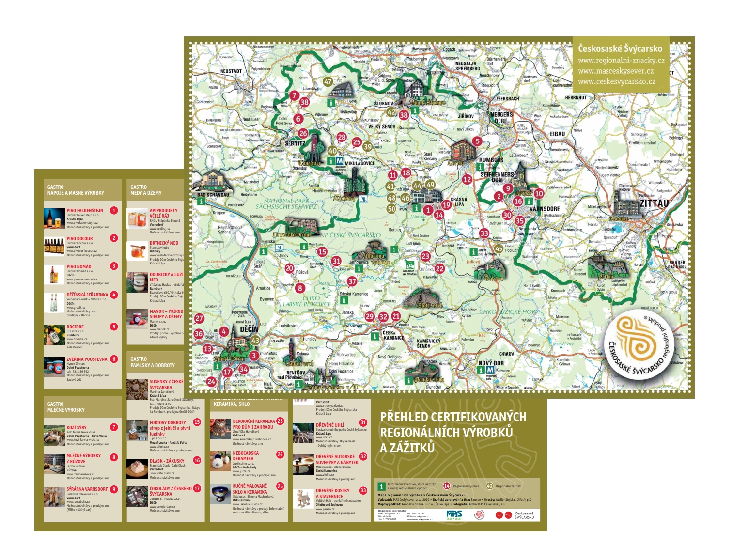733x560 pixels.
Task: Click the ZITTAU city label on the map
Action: (x=655, y=203)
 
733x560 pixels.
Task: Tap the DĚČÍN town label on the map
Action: (x=249, y=329)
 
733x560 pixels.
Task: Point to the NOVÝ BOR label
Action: (x=491, y=363)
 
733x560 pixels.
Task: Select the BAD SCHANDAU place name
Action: (x=213, y=195)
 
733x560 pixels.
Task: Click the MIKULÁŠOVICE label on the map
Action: (x=359, y=163)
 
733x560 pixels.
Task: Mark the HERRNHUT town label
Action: (x=576, y=97)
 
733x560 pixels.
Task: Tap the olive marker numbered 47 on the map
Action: (x=328, y=82)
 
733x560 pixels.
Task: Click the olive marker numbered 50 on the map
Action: (x=391, y=209)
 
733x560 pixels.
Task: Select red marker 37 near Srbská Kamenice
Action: (x=352, y=281)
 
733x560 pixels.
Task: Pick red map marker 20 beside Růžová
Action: (x=289, y=268)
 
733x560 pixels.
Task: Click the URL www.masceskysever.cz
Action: (x=615, y=71)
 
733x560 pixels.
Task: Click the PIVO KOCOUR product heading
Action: (x=79, y=238)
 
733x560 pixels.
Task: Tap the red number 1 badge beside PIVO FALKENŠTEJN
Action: (x=114, y=210)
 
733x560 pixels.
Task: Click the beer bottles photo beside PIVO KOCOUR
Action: (x=54, y=246)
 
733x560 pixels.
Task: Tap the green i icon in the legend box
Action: (x=381, y=486)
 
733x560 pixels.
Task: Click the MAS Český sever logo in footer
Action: (x=454, y=515)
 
